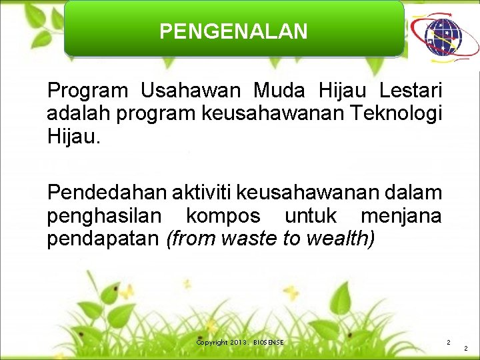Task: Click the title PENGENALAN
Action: click(x=233, y=31)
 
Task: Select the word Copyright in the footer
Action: click(x=213, y=342)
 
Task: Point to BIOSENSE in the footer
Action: click(x=268, y=342)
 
